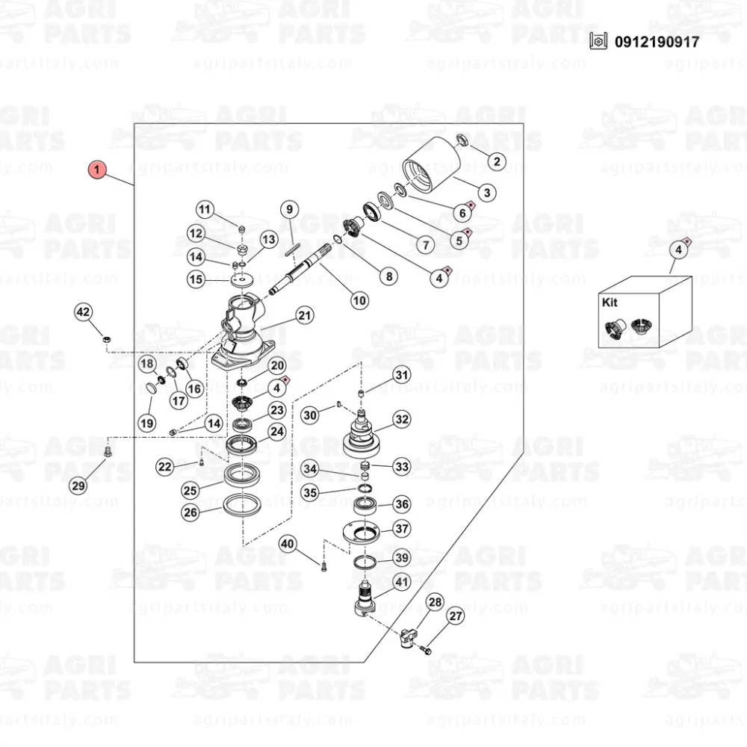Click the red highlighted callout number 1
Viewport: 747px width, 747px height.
[97, 170]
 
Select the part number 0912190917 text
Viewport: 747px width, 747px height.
[657, 42]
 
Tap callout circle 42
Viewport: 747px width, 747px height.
[83, 312]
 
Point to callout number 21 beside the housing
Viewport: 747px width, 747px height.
[303, 315]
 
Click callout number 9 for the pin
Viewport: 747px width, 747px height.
[290, 209]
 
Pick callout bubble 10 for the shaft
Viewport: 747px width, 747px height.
[360, 300]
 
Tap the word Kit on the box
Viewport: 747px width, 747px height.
[612, 303]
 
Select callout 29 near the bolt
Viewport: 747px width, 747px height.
[79, 486]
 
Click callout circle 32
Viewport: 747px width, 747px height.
[402, 420]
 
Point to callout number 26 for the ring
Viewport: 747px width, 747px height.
[190, 512]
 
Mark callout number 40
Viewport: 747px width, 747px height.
[288, 544]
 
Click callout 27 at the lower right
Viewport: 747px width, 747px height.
[456, 616]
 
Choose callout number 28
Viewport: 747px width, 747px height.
[435, 602]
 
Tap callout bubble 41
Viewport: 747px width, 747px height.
[401, 583]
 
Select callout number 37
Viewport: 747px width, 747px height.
[402, 529]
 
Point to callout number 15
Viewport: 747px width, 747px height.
[196, 280]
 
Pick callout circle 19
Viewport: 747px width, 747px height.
[146, 424]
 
